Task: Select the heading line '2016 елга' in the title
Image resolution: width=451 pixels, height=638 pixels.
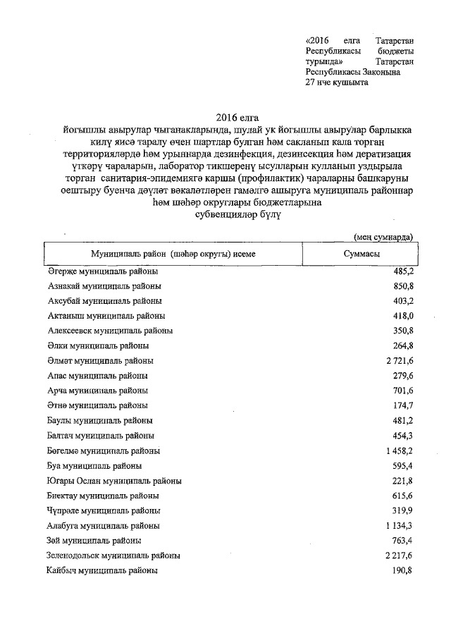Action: pyautogui.click(x=233, y=118)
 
